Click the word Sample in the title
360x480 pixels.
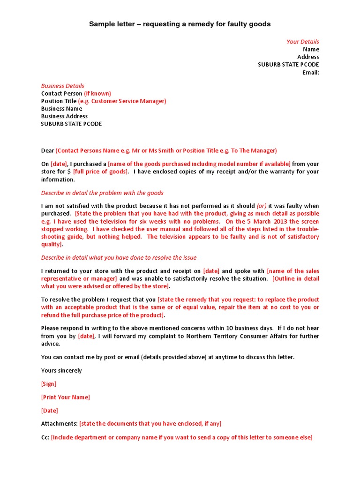tap(102, 24)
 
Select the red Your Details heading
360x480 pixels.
tap(303, 42)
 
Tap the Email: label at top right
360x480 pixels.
tap(310, 73)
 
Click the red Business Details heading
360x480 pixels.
tap(62, 86)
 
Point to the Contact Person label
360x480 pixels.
tap(61, 93)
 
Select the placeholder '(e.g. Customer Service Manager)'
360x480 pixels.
tap(122, 101)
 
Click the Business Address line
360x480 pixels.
tap(64, 116)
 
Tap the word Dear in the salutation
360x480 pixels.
tap(47, 150)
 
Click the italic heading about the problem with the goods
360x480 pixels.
tap(102, 193)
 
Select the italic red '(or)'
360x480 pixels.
tap(261, 206)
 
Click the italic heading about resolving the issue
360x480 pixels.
tap(119, 257)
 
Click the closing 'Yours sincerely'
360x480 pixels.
tap(61, 370)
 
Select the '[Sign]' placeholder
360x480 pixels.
tap(49, 384)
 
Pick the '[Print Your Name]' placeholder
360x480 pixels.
tap(65, 397)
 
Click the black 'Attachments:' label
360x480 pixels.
tap(59, 424)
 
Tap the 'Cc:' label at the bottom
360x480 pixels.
tap(45, 437)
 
